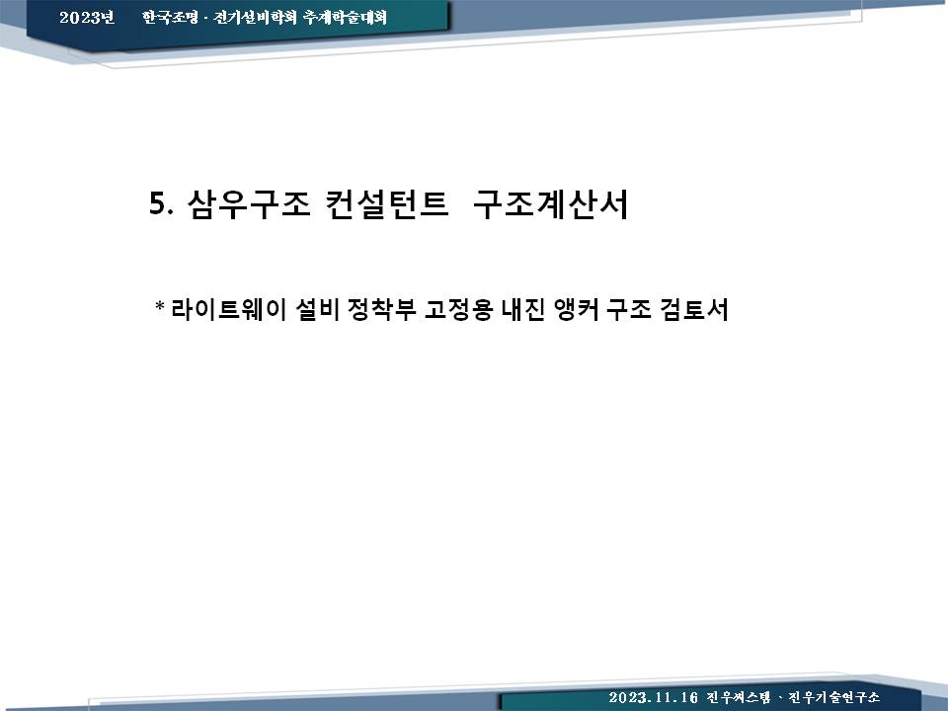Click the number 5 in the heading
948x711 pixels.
coord(157,203)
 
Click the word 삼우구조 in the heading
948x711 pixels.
coord(249,203)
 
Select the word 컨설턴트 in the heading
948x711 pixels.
coord(386,203)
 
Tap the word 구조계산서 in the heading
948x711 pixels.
coord(551,203)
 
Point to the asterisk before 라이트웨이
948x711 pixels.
coord(160,306)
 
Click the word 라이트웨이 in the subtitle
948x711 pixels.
coord(229,309)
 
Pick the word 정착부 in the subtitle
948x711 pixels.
coord(381,309)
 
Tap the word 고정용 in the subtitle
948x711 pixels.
coord(459,309)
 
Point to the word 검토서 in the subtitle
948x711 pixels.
coord(694,309)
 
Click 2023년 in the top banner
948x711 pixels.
coord(87,17)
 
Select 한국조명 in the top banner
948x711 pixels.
coord(170,17)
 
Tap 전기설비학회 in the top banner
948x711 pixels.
coord(255,17)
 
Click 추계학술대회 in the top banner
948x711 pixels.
coord(345,17)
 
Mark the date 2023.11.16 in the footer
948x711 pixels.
coord(654,698)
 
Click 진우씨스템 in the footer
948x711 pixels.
coord(739,698)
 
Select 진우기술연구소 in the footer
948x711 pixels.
coord(833,698)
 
